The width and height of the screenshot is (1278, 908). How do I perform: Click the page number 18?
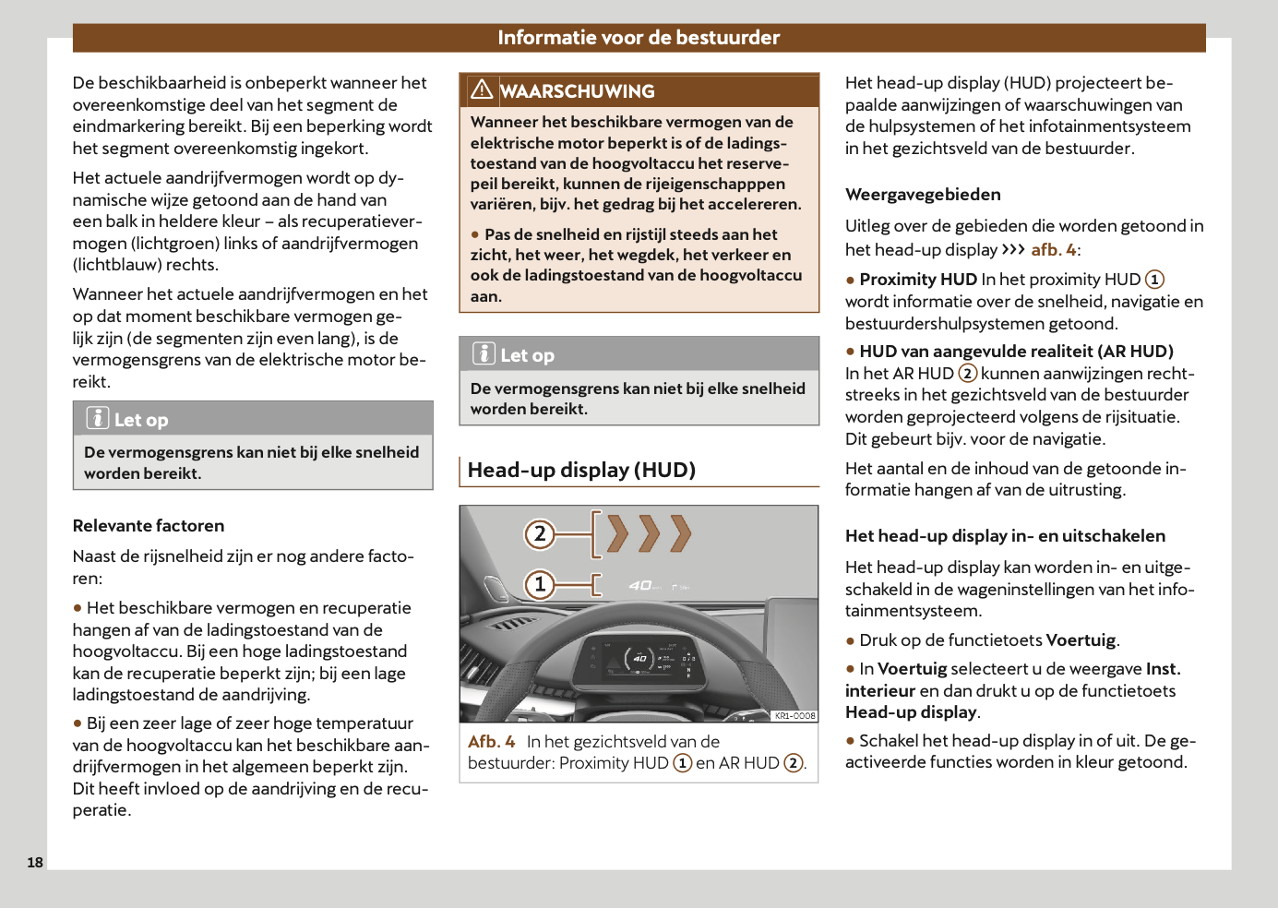[35, 862]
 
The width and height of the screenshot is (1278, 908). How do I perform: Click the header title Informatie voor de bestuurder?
[639, 38]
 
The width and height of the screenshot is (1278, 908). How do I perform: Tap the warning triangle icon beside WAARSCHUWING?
[482, 90]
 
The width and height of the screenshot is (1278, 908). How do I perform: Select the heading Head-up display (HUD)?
[581, 470]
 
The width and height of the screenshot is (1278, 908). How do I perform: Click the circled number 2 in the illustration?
[540, 533]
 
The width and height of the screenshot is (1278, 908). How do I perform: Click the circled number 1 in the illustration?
[540, 584]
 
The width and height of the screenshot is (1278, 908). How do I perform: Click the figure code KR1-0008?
[794, 715]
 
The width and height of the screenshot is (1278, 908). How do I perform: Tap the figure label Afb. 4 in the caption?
[491, 742]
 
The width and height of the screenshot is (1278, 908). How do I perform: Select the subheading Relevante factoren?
[149, 526]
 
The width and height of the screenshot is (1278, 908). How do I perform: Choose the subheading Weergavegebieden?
[923, 195]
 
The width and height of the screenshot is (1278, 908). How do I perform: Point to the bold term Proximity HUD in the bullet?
[918, 280]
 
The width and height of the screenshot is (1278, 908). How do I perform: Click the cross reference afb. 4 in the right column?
[1053, 250]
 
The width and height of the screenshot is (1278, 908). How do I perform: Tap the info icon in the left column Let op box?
[98, 418]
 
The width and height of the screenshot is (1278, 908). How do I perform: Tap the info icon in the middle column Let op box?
[484, 353]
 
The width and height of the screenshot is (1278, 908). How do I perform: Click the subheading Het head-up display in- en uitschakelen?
[1005, 536]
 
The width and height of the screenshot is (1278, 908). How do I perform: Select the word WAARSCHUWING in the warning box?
[578, 91]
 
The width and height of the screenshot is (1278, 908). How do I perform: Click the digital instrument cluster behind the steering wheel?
[638, 658]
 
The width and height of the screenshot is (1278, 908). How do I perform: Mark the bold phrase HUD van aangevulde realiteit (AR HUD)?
[1016, 352]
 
